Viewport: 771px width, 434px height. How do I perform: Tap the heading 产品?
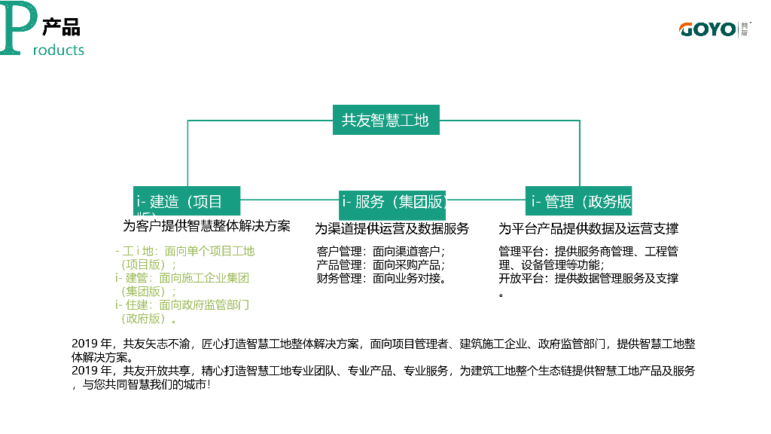pos(61,28)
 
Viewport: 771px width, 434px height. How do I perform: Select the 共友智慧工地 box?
pos(385,120)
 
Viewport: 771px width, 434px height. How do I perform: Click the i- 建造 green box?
pos(187,201)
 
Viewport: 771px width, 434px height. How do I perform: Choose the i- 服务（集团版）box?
pos(394,201)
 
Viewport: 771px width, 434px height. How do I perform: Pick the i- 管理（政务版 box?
pos(579,201)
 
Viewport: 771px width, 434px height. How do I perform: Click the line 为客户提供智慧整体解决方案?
pos(206,225)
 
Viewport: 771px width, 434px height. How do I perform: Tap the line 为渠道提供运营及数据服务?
pos(392,228)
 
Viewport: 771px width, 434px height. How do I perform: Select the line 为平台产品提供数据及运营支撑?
pos(588,228)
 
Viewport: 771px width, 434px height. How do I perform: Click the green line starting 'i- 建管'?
pos(182,278)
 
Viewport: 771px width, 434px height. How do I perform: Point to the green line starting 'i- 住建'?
pos(182,305)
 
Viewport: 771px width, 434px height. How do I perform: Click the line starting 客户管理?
pos(380,252)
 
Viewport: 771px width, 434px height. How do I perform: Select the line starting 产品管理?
pos(380,265)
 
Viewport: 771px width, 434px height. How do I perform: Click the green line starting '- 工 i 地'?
pos(185,251)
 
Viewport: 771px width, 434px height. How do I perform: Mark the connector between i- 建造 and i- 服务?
pos(289,200)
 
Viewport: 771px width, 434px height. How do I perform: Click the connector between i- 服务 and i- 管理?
pos(487,200)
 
